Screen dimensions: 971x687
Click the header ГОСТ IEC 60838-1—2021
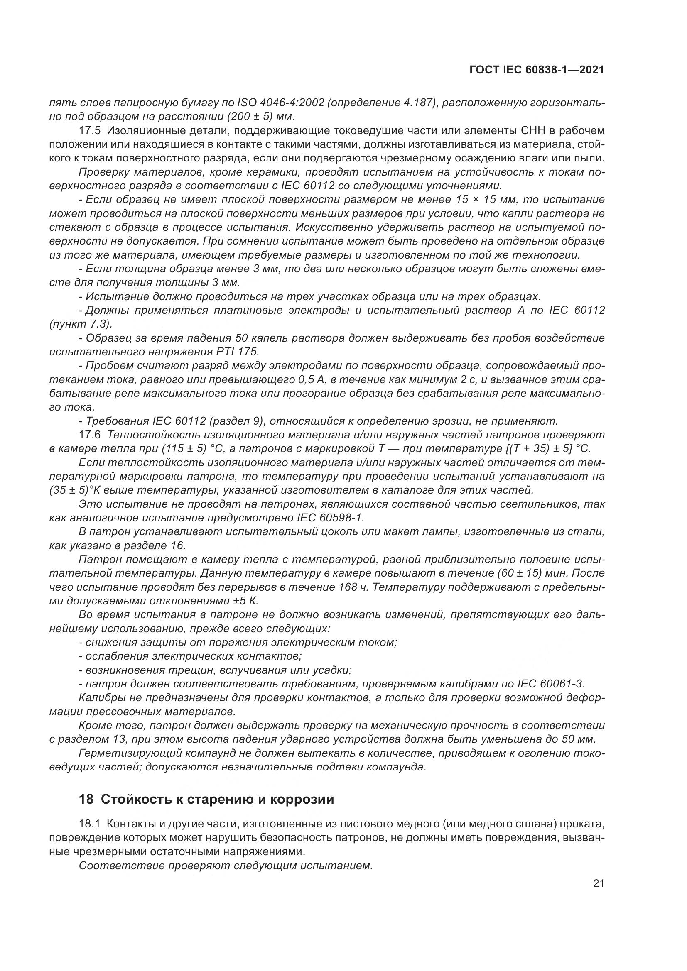point(536,70)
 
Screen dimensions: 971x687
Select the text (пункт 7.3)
point(81,324)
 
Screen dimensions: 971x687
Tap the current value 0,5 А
point(299,379)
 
